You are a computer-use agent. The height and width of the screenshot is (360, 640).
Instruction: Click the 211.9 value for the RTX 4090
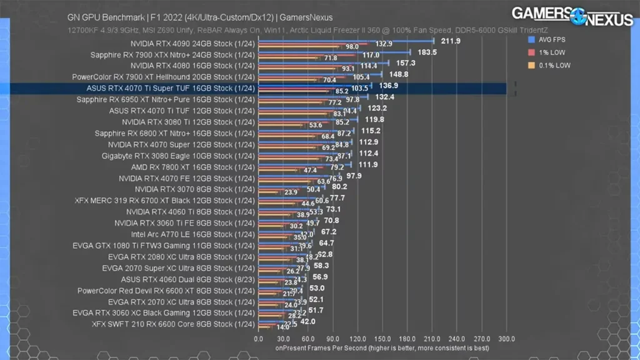[x=450, y=41]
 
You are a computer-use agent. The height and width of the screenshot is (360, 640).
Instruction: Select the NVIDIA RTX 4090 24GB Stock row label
[x=192, y=44]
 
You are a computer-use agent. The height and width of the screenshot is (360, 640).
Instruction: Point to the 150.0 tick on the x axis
[x=382, y=338]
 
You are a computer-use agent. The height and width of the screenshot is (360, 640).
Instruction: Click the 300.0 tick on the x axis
[x=506, y=338]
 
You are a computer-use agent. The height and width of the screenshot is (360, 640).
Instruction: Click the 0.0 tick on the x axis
[x=259, y=338]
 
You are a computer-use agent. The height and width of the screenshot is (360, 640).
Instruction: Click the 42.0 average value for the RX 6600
[x=307, y=321]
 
